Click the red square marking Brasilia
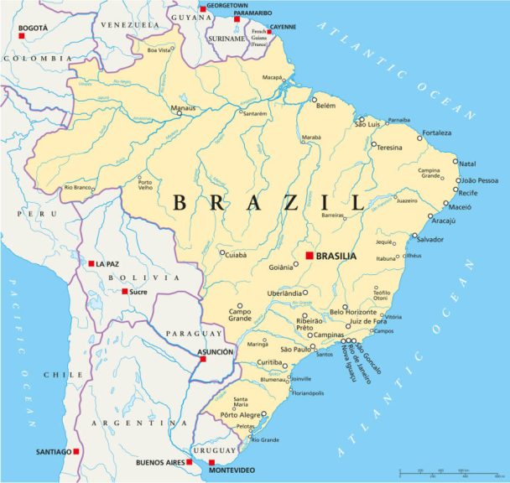point(310,255)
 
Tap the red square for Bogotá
point(22,35)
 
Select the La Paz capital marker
point(91,263)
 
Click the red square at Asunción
point(203,359)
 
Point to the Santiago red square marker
point(76,451)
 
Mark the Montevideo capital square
point(211,462)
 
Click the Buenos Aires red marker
point(190,461)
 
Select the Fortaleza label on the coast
point(436,132)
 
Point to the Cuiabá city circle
point(222,253)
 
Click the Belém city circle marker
point(315,100)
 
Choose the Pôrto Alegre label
point(240,415)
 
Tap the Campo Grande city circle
point(239,306)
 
